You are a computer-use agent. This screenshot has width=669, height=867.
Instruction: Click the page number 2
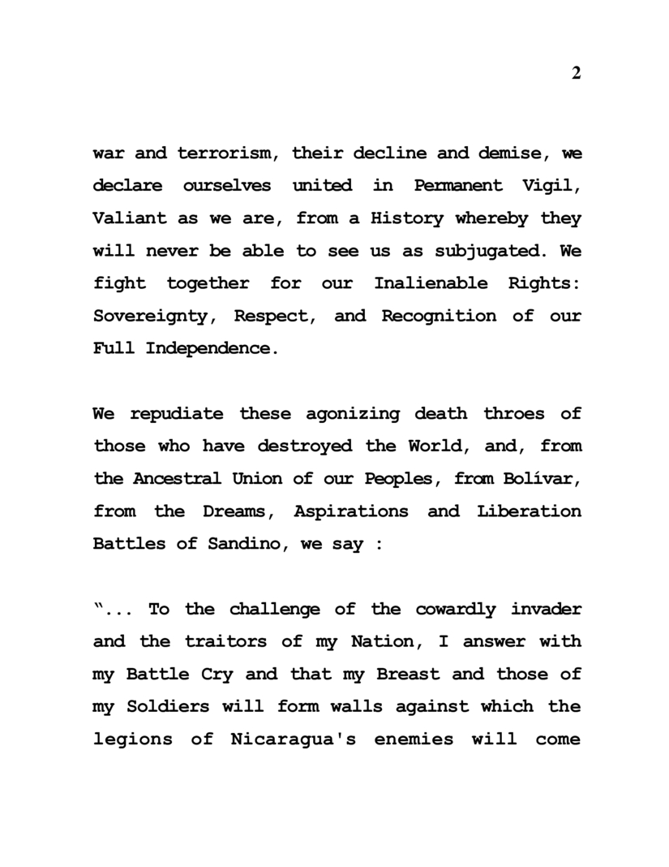point(576,74)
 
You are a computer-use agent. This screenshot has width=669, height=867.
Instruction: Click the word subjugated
point(481,251)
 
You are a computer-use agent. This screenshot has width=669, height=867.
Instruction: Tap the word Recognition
point(439,316)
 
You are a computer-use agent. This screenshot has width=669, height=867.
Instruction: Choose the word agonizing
point(353,413)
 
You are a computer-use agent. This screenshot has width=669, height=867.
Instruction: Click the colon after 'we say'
point(378,544)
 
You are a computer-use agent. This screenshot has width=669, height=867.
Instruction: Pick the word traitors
point(216,641)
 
